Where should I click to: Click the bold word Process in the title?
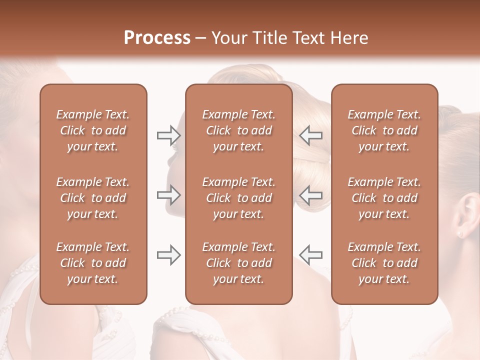point(157,38)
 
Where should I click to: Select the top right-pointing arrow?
point(168,135)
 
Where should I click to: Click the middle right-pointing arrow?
point(168,195)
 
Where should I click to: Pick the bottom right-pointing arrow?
point(168,255)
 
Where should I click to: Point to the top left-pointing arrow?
point(310,135)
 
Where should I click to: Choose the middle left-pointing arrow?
point(310,195)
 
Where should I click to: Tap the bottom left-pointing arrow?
point(310,255)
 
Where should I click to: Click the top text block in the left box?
point(93,130)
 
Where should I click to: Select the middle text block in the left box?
point(93,198)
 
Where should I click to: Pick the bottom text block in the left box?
point(93,263)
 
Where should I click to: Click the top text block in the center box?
point(239,130)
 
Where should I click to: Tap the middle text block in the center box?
point(239,198)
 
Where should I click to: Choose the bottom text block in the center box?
point(239,263)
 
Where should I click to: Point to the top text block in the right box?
point(384,130)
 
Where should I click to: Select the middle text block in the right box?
point(384,198)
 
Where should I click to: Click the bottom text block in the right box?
point(384,263)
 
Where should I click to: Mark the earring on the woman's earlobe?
point(459,233)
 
